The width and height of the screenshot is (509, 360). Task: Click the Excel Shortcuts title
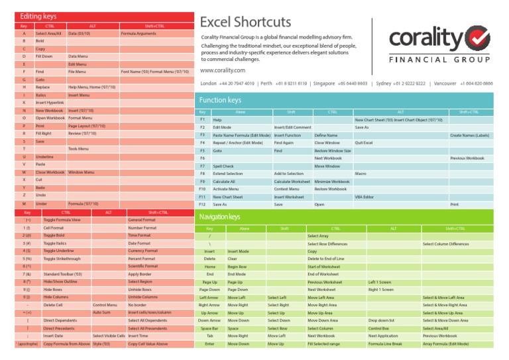(x=245, y=23)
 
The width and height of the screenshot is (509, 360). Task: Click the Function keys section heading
(x=220, y=100)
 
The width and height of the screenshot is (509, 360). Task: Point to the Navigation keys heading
(x=221, y=217)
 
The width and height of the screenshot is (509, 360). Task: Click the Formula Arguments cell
(x=137, y=33)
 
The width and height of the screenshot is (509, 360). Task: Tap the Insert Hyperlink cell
(x=50, y=103)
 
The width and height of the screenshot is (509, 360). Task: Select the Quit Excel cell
(x=364, y=143)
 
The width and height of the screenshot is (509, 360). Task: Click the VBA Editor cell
(x=364, y=197)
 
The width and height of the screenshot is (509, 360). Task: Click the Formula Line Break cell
(x=385, y=344)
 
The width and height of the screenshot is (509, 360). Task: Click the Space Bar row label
(x=209, y=328)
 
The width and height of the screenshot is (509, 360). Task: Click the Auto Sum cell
(x=101, y=312)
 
